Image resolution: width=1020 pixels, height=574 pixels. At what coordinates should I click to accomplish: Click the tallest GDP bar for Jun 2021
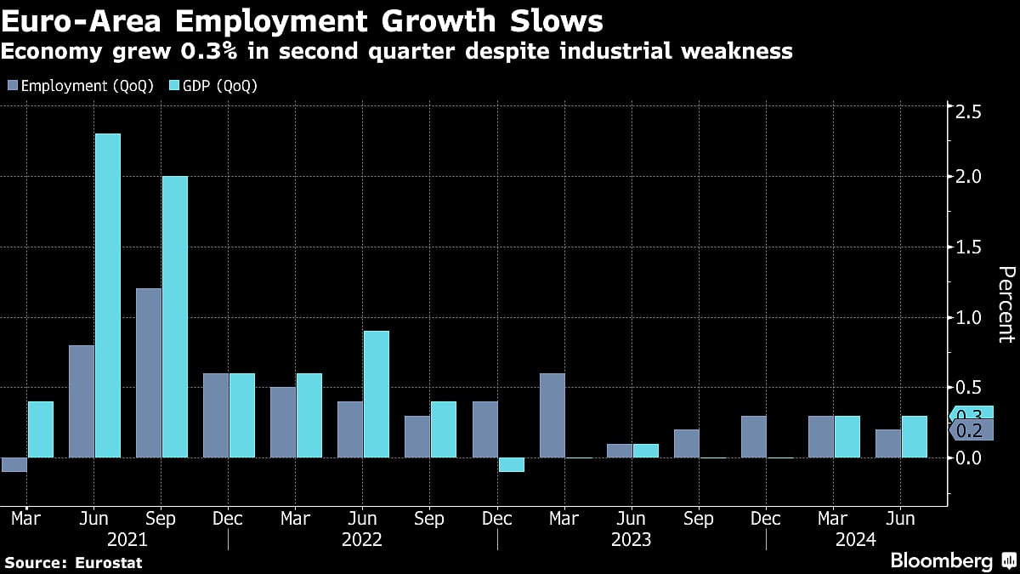108,296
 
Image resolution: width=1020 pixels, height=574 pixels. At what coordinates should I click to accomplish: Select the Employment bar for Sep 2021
149,373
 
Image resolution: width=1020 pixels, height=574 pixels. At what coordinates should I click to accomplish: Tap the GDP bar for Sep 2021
175,317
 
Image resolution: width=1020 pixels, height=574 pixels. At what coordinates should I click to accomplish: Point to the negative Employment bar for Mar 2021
14,464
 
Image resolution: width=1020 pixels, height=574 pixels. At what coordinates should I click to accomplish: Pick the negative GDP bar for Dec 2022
511,464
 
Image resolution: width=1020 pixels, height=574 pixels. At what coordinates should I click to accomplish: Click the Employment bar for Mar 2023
552,416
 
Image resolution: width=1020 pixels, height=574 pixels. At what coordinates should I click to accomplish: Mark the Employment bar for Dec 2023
753,437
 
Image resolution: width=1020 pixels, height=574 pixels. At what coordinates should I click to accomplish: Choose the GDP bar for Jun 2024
914,437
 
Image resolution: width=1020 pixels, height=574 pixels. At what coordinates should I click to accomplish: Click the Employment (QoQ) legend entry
81,86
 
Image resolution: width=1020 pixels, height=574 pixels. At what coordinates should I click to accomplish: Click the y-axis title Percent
1005,304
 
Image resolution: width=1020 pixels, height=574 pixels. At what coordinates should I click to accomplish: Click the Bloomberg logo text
941,560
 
